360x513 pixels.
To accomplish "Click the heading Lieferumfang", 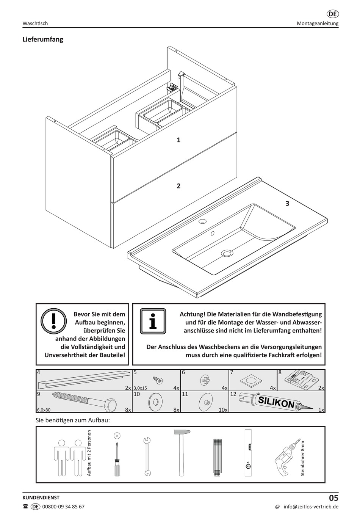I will [43, 39].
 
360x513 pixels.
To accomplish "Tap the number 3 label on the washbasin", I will [287, 204].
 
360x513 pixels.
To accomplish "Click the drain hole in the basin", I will [227, 252].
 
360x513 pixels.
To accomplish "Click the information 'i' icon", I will [153, 321].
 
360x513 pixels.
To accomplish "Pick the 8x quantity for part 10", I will [176, 409].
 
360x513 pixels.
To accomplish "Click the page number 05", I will [333, 498].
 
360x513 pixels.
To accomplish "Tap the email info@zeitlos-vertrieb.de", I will [311, 507].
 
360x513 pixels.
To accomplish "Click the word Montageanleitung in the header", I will [318, 24].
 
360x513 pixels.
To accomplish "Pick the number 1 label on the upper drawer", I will [178, 140].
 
